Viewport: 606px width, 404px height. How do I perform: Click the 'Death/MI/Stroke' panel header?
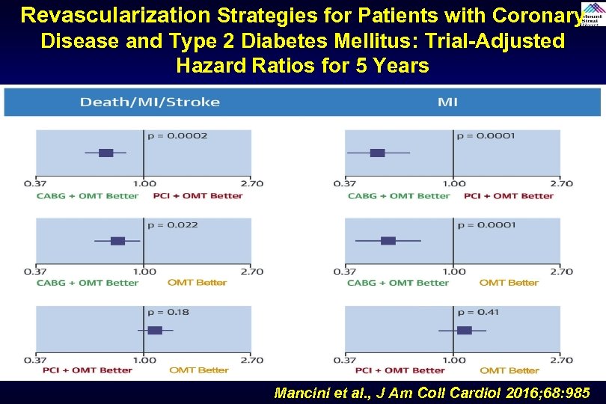pyautogui.click(x=150, y=102)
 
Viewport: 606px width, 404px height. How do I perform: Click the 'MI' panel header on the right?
pyautogui.click(x=447, y=102)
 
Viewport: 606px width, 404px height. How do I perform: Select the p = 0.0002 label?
pyautogui.click(x=177, y=136)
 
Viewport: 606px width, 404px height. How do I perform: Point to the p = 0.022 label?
pyautogui.click(x=173, y=224)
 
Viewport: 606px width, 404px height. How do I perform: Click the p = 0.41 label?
pyautogui.click(x=477, y=312)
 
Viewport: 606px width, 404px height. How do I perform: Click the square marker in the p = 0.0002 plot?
pyautogui.click(x=105, y=153)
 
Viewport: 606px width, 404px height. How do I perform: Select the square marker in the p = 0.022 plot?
pyautogui.click(x=117, y=241)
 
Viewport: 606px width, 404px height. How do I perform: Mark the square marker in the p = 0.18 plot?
pyautogui.click(x=155, y=330)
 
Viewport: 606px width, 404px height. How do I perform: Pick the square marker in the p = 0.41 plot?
pyautogui.click(x=464, y=330)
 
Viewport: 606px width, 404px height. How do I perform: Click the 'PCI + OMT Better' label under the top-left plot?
pyautogui.click(x=198, y=196)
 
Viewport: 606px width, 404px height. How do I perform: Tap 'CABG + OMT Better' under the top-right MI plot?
pyautogui.click(x=398, y=196)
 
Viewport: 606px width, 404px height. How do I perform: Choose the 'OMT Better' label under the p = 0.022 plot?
pyautogui.click(x=198, y=283)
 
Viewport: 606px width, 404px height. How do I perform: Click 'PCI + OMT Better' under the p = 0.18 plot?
pyautogui.click(x=88, y=370)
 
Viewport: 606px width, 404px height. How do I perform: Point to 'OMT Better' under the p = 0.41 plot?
pyautogui.click(x=509, y=370)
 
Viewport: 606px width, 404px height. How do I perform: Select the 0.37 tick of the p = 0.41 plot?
pyautogui.click(x=344, y=360)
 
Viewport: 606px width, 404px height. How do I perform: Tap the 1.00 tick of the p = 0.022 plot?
pyautogui.click(x=144, y=272)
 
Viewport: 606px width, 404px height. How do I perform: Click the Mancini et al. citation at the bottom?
pyautogui.click(x=432, y=392)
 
